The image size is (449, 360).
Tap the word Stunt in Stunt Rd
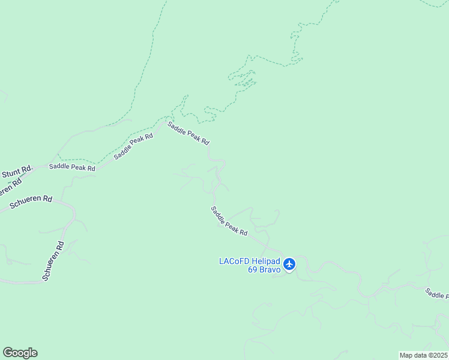click(x=11, y=175)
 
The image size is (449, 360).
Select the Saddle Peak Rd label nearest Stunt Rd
click(x=72, y=168)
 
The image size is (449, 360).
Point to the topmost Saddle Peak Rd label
click(x=188, y=133)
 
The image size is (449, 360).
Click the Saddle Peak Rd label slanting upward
click(x=133, y=145)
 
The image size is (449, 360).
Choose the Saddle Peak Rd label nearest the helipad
click(x=229, y=221)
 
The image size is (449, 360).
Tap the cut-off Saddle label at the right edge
click(x=436, y=293)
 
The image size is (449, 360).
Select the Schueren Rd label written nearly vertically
click(x=53, y=261)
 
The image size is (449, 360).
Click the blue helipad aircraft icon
click(x=289, y=264)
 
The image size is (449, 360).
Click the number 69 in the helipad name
click(x=253, y=269)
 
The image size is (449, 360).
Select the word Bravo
click(x=270, y=269)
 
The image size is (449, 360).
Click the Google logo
click(x=20, y=353)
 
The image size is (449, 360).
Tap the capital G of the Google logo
click(x=8, y=353)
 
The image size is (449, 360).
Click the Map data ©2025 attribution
click(x=423, y=355)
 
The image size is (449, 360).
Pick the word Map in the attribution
click(x=406, y=355)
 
